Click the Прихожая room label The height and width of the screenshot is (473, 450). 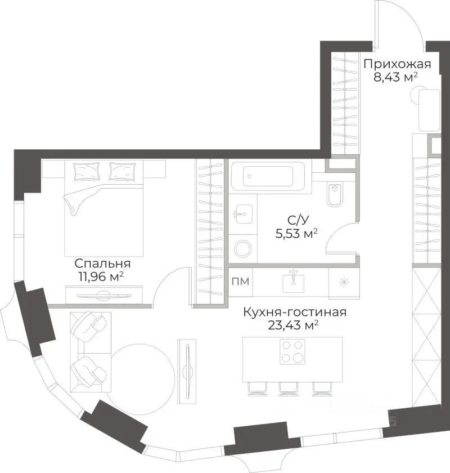(397, 64)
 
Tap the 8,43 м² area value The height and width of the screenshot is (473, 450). (395, 77)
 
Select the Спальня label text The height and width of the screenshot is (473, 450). (102, 264)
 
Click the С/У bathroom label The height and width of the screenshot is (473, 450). (298, 220)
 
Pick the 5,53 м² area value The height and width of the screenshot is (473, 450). (296, 234)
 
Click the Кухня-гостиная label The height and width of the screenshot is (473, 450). (295, 312)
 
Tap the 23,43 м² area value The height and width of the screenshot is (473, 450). (293, 325)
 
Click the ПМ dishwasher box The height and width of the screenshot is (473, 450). (240, 281)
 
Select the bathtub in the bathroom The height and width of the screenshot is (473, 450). (268, 176)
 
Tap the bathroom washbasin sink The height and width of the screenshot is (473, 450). (244, 214)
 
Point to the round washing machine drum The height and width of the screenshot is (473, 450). (243, 249)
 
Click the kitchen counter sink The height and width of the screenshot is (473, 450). (293, 282)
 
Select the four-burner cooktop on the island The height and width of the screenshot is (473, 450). (292, 351)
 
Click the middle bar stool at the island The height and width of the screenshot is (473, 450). (289, 389)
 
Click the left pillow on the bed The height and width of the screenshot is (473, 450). (87, 172)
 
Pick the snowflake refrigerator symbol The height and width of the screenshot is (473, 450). (343, 282)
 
